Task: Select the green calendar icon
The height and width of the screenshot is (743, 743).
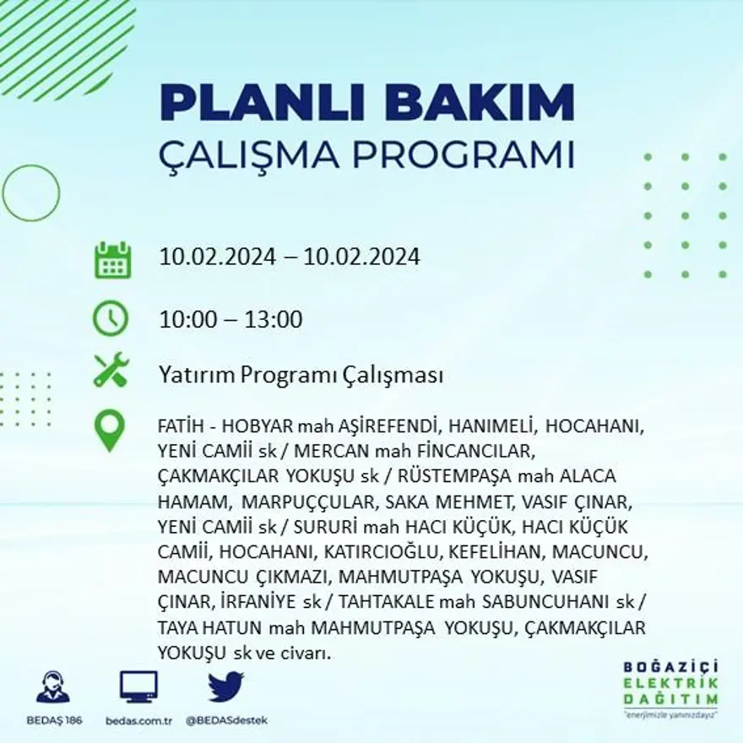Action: point(112,260)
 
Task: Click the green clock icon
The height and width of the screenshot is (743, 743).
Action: point(111,318)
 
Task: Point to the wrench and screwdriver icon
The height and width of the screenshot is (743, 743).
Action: point(111,370)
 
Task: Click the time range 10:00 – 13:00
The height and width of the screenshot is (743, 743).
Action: point(230,320)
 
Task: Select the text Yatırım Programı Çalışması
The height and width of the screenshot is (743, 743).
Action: point(301,375)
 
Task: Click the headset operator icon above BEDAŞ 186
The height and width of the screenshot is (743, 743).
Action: point(54,687)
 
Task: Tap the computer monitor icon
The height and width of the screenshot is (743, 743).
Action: point(138,687)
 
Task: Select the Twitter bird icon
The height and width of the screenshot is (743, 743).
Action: point(225,686)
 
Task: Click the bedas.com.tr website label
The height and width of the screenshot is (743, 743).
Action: point(138,721)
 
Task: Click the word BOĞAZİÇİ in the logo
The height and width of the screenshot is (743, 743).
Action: point(670,668)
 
